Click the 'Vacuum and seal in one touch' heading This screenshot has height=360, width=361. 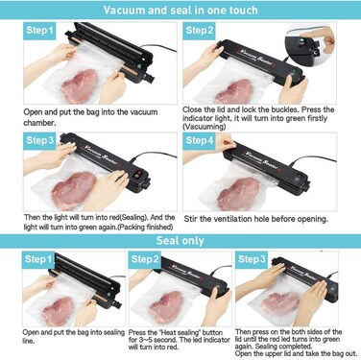pos(180,10)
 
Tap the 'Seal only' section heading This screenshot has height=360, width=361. pos(180,241)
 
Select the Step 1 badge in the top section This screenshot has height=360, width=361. pos(39,31)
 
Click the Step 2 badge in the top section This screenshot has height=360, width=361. pos(199,31)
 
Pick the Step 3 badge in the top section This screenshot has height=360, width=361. pos(39,141)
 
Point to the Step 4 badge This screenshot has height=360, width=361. pos(199,141)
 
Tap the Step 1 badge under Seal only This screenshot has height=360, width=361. pos(38,259)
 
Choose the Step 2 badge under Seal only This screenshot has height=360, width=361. pos(145,259)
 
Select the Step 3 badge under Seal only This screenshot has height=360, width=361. pos(252,259)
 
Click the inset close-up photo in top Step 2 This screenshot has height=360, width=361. pos(310,44)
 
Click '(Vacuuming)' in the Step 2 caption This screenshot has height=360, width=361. pos(205,127)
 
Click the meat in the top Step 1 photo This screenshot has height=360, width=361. pos(79,85)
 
